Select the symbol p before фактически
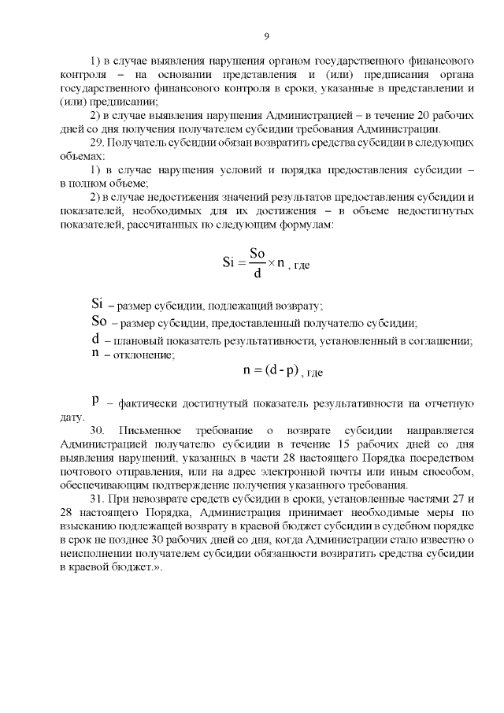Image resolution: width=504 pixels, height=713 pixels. pyautogui.click(x=96, y=399)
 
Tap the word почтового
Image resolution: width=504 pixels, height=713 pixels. pyautogui.click(x=90, y=471)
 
